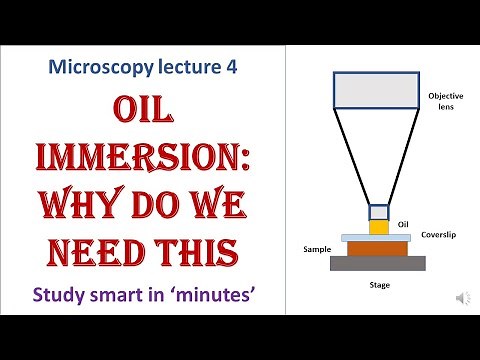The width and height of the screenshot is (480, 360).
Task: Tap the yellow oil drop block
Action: [378, 227]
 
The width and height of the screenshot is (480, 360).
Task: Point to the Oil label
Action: [405, 224]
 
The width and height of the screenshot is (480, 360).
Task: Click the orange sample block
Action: [377, 247]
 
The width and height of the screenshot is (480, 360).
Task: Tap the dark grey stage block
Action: [377, 263]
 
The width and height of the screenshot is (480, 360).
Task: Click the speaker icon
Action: [463, 298]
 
